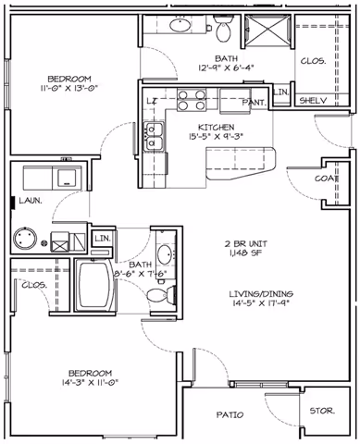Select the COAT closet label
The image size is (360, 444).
[325, 179]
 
